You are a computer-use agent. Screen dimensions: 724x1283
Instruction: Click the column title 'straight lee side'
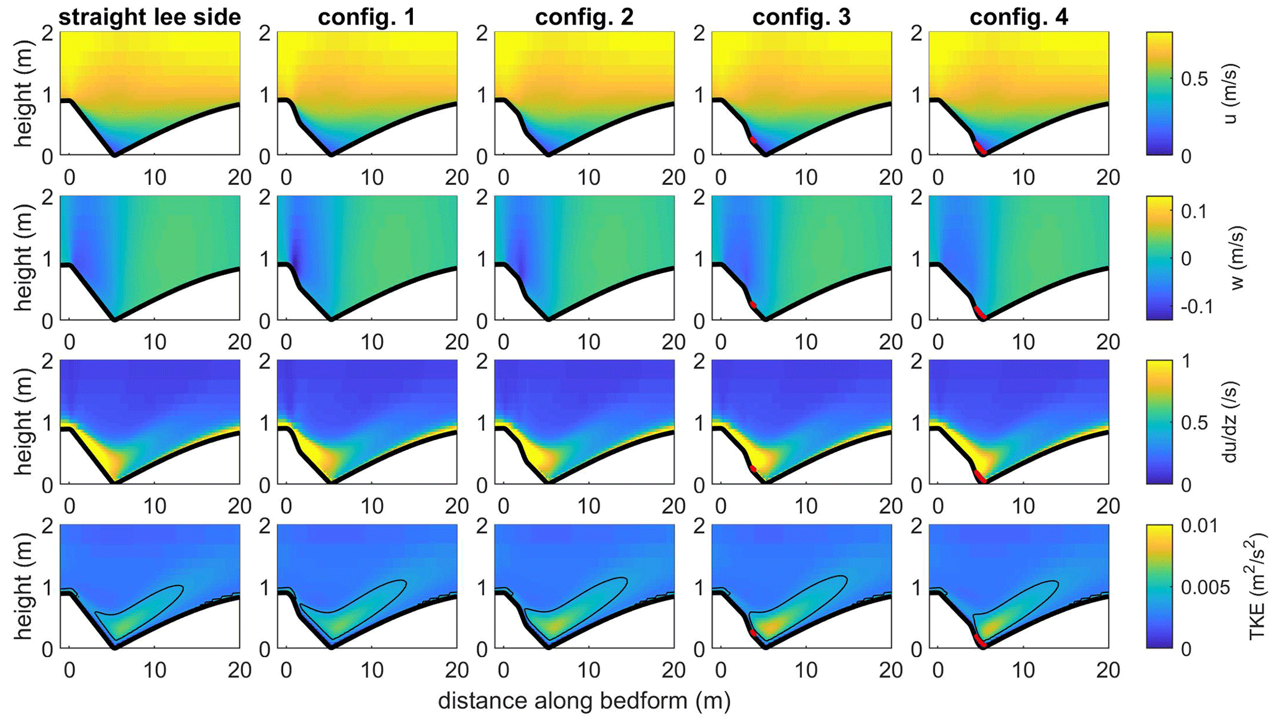click(x=150, y=17)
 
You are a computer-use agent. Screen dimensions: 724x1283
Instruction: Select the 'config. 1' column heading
click(x=367, y=17)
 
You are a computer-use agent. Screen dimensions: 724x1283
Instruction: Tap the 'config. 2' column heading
click(x=584, y=17)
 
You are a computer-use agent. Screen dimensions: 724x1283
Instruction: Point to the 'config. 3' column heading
click(x=801, y=17)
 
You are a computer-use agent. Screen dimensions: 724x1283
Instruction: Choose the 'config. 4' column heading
click(x=1019, y=17)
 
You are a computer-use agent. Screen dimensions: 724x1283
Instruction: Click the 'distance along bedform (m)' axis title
click(x=584, y=701)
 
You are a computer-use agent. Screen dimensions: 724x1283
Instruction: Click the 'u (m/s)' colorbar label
click(x=1230, y=93)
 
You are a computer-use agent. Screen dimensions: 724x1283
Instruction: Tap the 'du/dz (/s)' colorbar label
click(x=1230, y=422)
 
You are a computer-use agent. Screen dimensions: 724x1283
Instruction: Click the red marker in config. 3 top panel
click(x=753, y=140)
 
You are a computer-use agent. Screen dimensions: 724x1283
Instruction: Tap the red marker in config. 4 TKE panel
click(x=979, y=640)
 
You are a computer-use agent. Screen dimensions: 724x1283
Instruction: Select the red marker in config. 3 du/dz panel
click(x=753, y=469)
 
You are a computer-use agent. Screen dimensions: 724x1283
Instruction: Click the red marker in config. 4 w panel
click(x=979, y=312)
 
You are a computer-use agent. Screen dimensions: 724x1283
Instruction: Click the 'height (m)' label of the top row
click(x=24, y=93)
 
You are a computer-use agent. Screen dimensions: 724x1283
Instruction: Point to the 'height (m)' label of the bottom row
click(x=24, y=586)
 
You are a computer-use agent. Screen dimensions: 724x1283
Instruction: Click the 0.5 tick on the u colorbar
click(x=1194, y=79)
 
